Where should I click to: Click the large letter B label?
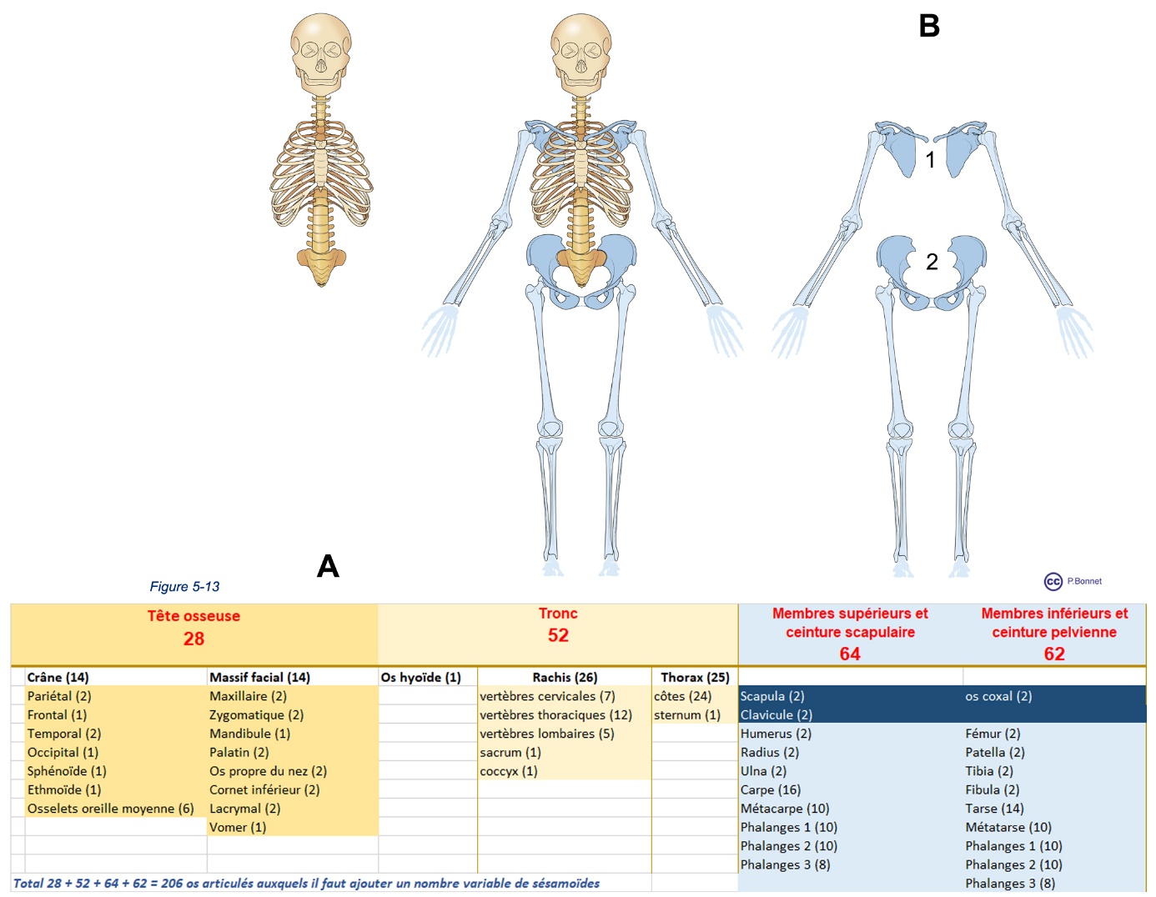(x=929, y=26)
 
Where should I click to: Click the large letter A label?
(x=328, y=567)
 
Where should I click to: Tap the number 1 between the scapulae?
(x=931, y=159)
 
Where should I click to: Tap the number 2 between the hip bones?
(x=932, y=262)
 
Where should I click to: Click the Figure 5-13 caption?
(x=184, y=587)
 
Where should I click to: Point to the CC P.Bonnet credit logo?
(x=1073, y=581)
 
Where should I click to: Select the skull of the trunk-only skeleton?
(x=321, y=50)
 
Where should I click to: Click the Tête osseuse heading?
(x=194, y=616)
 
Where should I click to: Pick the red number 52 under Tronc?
(x=558, y=635)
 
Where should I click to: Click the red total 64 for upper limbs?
(x=850, y=654)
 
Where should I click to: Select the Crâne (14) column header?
(x=58, y=677)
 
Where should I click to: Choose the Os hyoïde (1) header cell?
(x=420, y=677)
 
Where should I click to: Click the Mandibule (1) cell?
(x=249, y=734)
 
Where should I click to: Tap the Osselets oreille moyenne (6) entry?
(x=110, y=809)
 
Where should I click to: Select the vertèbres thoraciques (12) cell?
(x=555, y=714)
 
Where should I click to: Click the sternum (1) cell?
(x=686, y=714)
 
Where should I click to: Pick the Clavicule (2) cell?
(x=776, y=714)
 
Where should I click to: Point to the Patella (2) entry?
(x=994, y=752)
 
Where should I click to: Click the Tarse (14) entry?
(x=994, y=809)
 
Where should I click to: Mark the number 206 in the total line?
(x=172, y=884)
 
